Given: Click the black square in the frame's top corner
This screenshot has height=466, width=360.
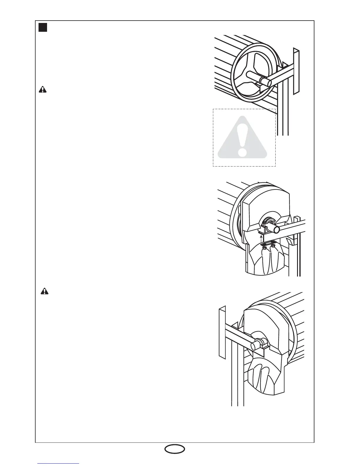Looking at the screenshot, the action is tap(43, 28).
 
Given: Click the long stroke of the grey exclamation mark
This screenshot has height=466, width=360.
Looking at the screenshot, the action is tap(242, 134).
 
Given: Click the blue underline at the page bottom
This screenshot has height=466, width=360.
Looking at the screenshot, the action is tap(58, 464).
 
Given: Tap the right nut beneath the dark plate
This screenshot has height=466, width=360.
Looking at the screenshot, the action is tap(273, 247).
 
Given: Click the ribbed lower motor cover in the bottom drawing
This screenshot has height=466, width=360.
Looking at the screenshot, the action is tap(264, 377).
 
